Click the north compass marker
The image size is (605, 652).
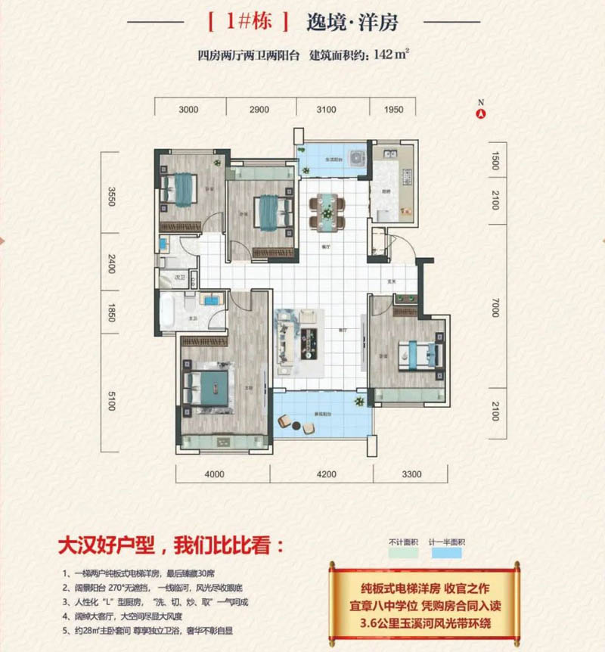479,114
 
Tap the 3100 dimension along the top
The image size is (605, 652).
325,110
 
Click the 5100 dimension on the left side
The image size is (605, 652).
111,399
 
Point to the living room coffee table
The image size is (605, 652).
311,338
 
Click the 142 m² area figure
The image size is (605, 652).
391,54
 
